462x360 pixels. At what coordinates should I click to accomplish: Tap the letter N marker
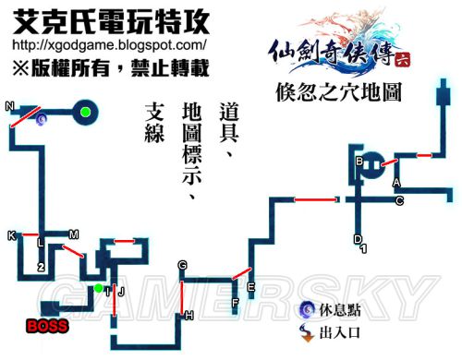click(x=9, y=105)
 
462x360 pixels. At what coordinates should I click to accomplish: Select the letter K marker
click(x=11, y=235)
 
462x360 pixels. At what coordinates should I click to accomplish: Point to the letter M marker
click(x=74, y=234)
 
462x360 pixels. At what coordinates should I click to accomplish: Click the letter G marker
click(x=183, y=265)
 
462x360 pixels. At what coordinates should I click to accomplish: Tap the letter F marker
click(x=235, y=302)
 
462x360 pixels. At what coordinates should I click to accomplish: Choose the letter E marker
click(x=250, y=286)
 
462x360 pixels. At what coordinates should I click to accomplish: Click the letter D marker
click(x=358, y=239)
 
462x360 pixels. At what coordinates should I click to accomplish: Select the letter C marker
click(x=399, y=200)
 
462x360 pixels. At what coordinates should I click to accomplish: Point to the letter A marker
click(x=395, y=182)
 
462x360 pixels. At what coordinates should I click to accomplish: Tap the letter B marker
click(x=359, y=162)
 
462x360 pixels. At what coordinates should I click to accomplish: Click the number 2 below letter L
click(x=41, y=267)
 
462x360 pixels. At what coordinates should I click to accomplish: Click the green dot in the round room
click(x=85, y=113)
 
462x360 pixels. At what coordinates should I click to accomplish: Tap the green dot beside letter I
click(x=98, y=289)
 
